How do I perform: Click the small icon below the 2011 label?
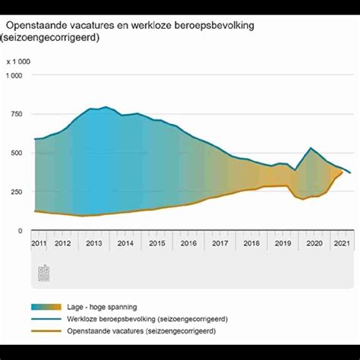click(x=43, y=271)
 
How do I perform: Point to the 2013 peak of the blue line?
click(x=106, y=107)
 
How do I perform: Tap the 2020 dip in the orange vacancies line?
click(x=303, y=199)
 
